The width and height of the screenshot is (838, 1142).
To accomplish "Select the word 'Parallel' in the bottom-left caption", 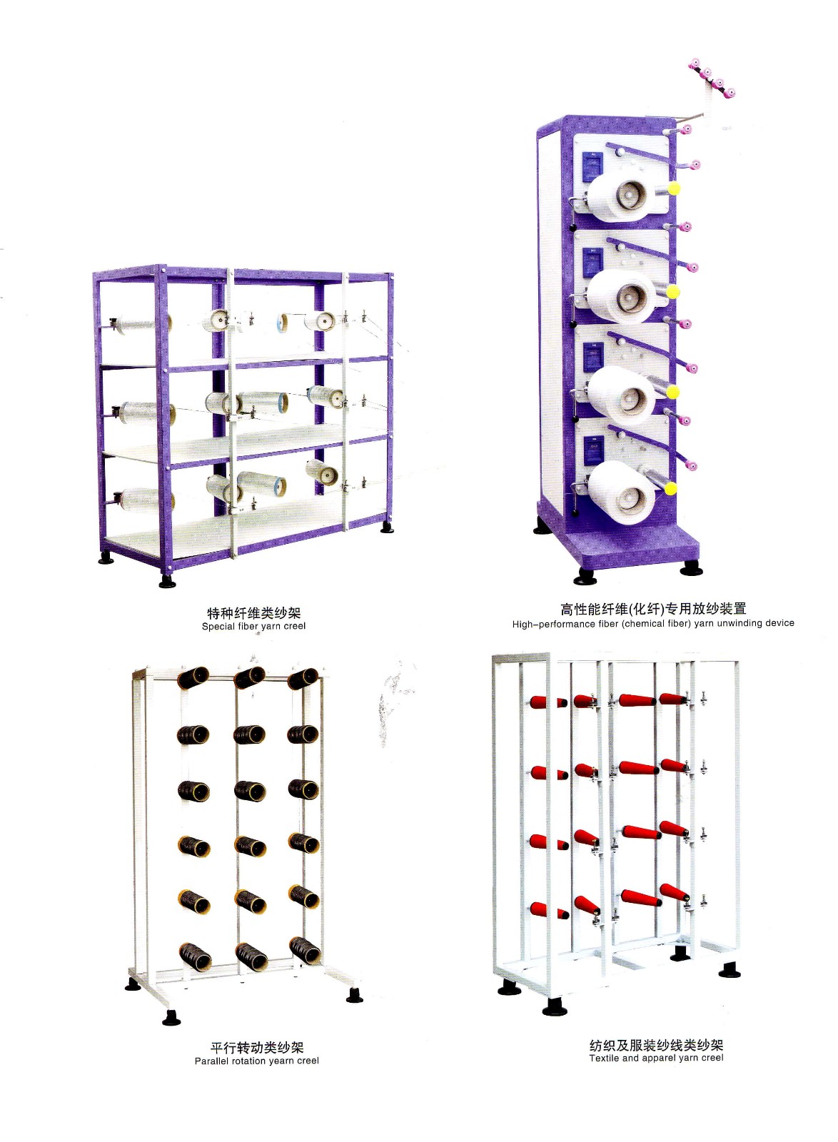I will pos(213,1061).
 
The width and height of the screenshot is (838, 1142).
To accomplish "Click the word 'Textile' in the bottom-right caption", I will pos(604,1058).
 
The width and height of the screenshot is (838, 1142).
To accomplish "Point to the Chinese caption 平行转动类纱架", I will pos(257,1047).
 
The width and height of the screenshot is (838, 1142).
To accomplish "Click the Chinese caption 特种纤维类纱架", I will pos(254,613).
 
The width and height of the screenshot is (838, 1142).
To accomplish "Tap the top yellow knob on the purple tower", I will pos(672,189).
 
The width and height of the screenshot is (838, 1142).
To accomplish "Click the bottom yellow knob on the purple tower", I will pos(670,488).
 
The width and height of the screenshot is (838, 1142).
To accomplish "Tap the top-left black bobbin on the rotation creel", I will pos(193,677).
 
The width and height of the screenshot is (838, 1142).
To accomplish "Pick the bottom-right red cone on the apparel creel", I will pos(674,893).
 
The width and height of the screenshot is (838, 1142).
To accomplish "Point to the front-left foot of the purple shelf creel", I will pos(168,582).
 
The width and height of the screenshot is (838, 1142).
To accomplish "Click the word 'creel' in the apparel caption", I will pos(711,1058).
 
